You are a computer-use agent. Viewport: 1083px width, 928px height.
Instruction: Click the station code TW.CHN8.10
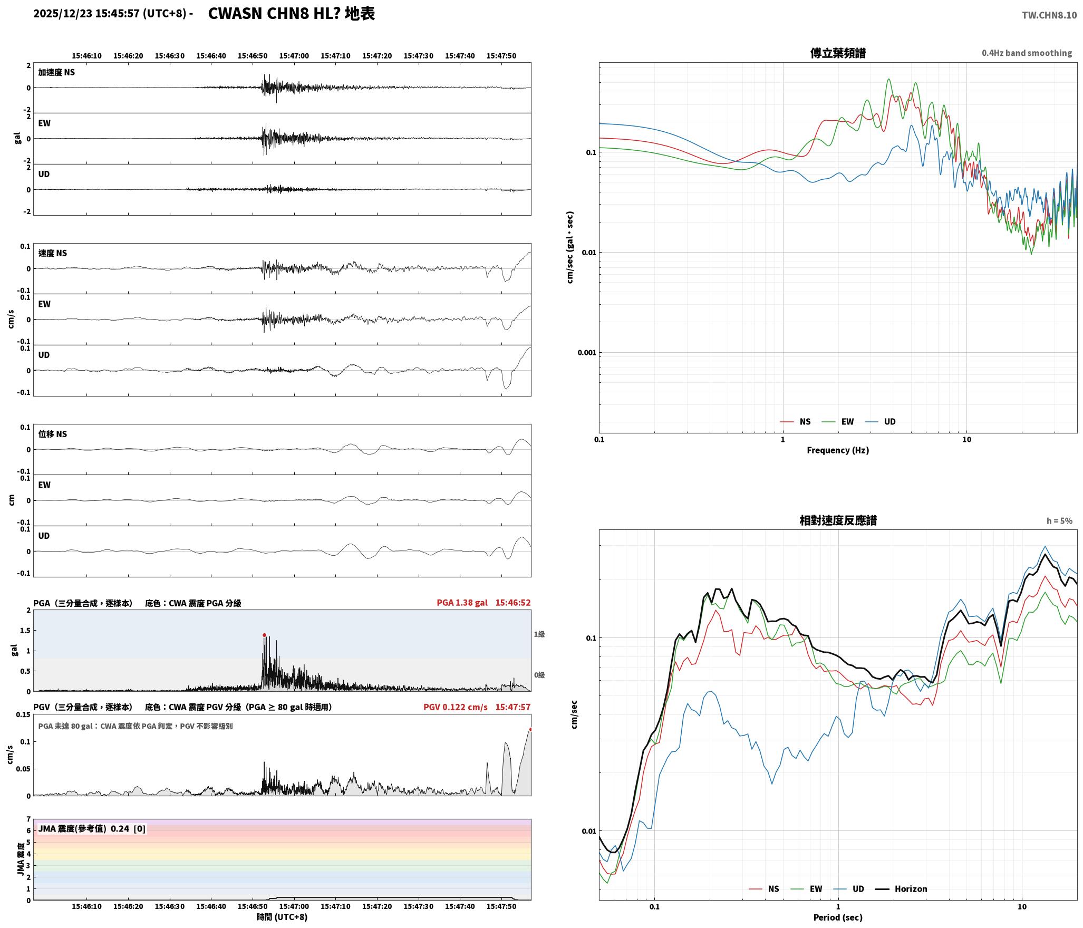tap(1049, 15)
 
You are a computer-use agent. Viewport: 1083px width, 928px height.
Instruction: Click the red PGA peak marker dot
tap(264, 635)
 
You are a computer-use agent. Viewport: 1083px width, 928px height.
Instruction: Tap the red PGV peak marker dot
tap(530, 730)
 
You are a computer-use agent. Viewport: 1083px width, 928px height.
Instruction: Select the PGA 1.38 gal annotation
tap(462, 603)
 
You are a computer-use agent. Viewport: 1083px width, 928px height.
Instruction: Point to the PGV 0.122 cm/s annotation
tap(456, 707)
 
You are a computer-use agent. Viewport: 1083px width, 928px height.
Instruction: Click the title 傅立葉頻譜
tap(838, 53)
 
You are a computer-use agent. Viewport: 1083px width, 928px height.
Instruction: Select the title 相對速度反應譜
tap(838, 520)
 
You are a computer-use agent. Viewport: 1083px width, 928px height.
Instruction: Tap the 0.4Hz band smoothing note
tap(1027, 53)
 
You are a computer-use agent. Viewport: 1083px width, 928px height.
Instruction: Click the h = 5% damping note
tap(1059, 521)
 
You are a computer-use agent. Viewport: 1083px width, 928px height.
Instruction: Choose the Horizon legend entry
tap(902, 889)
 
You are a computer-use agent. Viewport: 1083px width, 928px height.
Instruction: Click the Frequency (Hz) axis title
tap(838, 450)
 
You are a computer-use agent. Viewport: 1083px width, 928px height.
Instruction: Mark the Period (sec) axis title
tap(838, 917)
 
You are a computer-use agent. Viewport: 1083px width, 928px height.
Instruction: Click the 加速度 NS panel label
tap(56, 72)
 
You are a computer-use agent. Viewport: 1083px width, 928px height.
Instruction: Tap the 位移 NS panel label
tap(53, 434)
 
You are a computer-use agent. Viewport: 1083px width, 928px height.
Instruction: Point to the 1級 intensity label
tap(539, 634)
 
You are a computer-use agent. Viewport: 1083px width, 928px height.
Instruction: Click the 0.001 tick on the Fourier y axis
tap(586, 353)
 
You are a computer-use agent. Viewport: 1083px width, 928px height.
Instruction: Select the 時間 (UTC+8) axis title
tap(282, 917)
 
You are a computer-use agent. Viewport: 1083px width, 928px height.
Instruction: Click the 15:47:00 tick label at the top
tap(294, 56)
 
